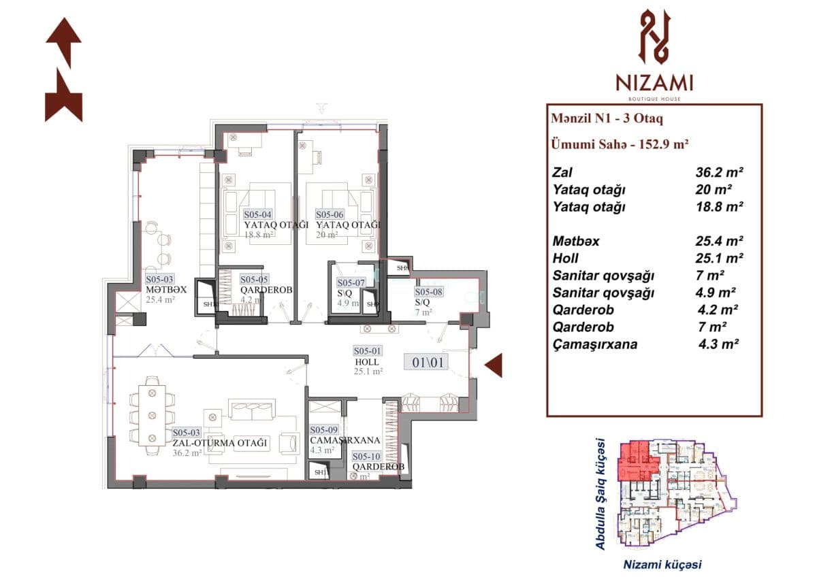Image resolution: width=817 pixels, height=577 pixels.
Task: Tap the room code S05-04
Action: tap(258, 214)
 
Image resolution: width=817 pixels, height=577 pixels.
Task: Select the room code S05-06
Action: tap(330, 214)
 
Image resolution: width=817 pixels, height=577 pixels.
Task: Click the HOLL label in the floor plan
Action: tap(366, 361)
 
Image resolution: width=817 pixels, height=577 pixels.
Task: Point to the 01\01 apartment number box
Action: tap(427, 362)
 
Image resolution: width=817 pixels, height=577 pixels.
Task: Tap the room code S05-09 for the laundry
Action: tap(324, 430)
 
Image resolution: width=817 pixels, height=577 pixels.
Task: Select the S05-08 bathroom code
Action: tap(429, 291)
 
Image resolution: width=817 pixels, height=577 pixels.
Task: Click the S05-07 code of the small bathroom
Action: tap(352, 282)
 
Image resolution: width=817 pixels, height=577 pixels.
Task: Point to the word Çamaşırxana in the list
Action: tap(596, 344)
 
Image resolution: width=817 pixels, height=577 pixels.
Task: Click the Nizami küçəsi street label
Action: tap(662, 564)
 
